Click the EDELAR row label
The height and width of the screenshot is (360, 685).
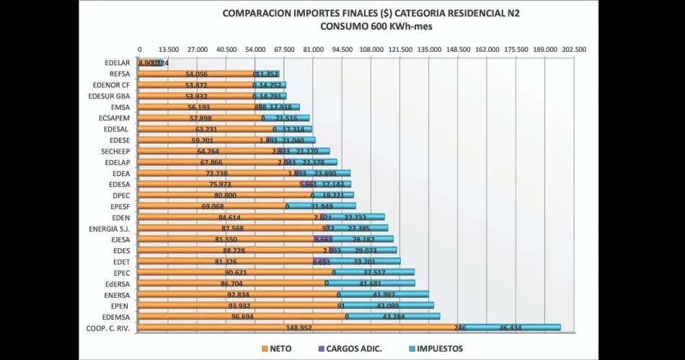coord(117,63)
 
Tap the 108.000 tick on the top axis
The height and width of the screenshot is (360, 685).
coord(371,49)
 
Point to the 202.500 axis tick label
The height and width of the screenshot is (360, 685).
coord(574,49)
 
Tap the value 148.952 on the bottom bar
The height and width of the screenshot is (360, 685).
coord(298,328)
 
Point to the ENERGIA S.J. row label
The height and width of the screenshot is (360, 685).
coord(108,228)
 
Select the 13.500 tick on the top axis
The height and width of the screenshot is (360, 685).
coord(168,49)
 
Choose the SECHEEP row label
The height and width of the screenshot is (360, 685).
coord(115,151)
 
